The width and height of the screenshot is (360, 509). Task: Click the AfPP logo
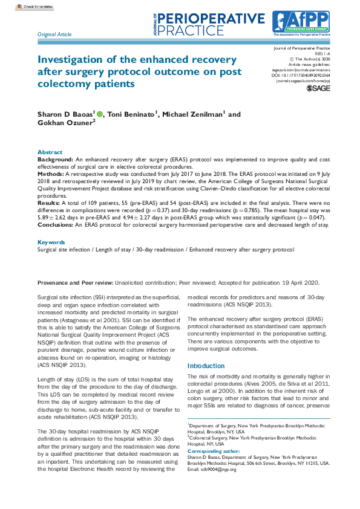300,24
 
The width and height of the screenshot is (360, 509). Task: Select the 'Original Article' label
54,35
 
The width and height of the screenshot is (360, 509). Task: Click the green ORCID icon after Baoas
100,113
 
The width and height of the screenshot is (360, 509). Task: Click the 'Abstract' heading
50,152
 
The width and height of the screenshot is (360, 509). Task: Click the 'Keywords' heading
52,242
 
